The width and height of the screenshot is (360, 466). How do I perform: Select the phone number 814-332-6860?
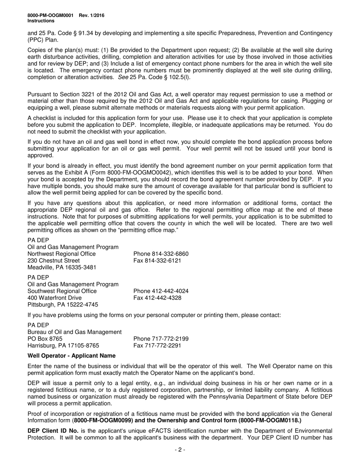[x=161, y=254]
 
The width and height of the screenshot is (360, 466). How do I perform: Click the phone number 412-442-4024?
[x=161, y=291]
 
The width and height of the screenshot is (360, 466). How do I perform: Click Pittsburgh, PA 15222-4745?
[x=63, y=305]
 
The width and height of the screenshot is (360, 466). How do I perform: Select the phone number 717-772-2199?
[x=161, y=339]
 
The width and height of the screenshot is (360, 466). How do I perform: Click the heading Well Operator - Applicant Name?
[x=72, y=356]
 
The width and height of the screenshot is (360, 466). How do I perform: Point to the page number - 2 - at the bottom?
[x=180, y=450]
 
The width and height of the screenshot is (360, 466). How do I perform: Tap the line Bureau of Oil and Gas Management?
[x=75, y=332]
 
